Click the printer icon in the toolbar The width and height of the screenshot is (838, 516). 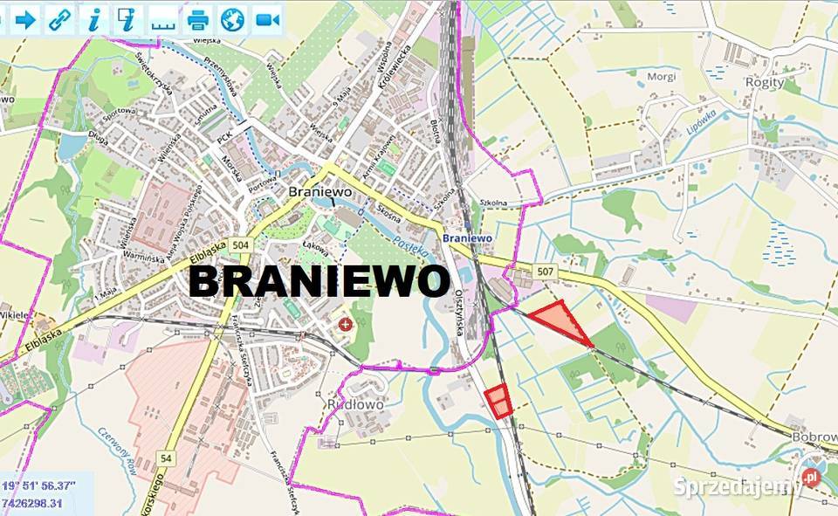(x=198, y=18)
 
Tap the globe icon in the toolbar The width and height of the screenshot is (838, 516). (x=231, y=18)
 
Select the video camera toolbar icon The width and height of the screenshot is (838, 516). (x=265, y=18)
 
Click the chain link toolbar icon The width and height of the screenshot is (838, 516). (x=59, y=18)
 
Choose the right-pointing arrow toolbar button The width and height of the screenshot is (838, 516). (x=25, y=18)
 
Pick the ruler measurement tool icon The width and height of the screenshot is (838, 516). (x=162, y=19)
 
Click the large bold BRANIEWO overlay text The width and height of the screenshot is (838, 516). (x=319, y=282)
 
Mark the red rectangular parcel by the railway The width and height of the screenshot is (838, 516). (x=498, y=401)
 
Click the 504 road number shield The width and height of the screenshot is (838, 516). (x=241, y=246)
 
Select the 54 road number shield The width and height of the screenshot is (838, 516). (x=166, y=458)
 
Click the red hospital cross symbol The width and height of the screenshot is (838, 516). (x=347, y=325)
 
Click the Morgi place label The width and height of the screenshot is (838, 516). (x=661, y=77)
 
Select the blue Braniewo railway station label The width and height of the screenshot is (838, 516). (x=467, y=237)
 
